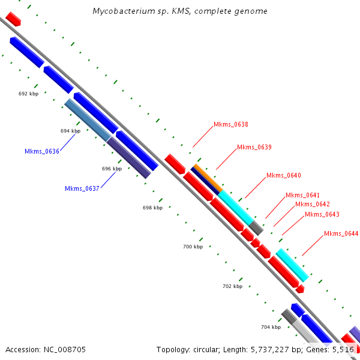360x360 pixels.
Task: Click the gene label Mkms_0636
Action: coord(41,151)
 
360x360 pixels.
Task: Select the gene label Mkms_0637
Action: coord(82,188)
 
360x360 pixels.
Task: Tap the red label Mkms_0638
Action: coord(230,125)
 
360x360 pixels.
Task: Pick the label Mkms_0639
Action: coord(254,147)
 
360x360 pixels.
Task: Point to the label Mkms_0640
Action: coord(283,175)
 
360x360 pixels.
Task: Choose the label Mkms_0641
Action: coord(302,195)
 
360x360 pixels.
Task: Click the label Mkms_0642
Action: coord(312,204)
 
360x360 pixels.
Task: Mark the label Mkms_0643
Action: coord(322,214)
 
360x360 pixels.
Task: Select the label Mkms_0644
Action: coord(341,233)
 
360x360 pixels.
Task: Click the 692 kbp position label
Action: coord(28,94)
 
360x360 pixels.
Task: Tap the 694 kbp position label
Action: coord(70,131)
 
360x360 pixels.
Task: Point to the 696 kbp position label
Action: coord(112,169)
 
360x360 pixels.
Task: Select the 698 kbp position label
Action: coord(152,208)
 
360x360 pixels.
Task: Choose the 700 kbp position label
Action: coord(193,247)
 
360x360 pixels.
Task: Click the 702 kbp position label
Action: coord(232,286)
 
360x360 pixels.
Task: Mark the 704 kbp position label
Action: coord(271,327)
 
